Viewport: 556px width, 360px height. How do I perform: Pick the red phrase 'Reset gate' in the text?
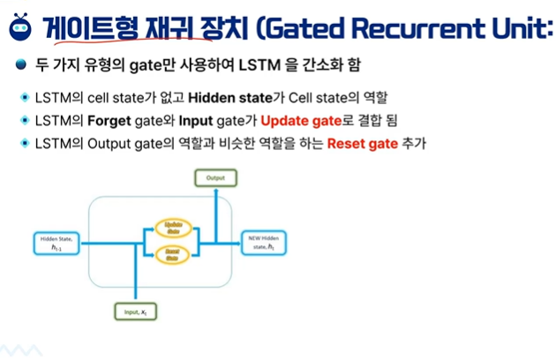(357, 143)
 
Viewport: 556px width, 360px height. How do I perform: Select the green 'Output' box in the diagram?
(216, 178)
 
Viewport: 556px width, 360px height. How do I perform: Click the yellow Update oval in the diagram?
(173, 227)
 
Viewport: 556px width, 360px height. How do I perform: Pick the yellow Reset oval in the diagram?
(173, 255)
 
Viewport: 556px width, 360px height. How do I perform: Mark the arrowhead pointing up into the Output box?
(216, 190)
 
